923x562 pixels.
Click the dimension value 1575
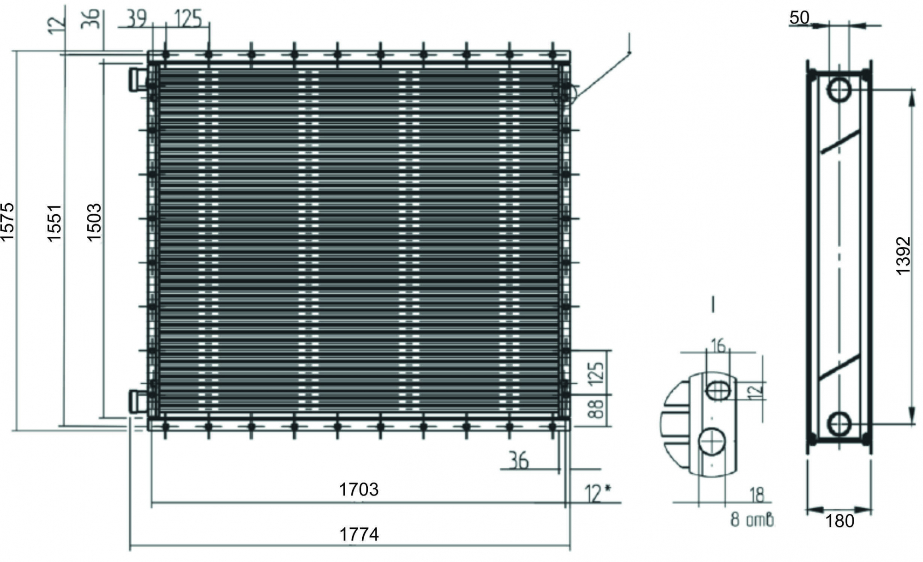click(x=7, y=221)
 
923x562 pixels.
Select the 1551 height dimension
click(x=54, y=223)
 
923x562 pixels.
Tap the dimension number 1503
click(x=94, y=222)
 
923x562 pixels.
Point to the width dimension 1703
click(x=359, y=489)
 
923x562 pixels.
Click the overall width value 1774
click(x=359, y=534)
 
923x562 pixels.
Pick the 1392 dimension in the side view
click(x=903, y=256)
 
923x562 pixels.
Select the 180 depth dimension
click(x=839, y=521)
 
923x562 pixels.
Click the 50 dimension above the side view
click(x=799, y=18)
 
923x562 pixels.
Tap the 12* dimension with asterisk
click(x=598, y=493)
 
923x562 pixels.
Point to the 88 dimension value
click(x=596, y=409)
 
